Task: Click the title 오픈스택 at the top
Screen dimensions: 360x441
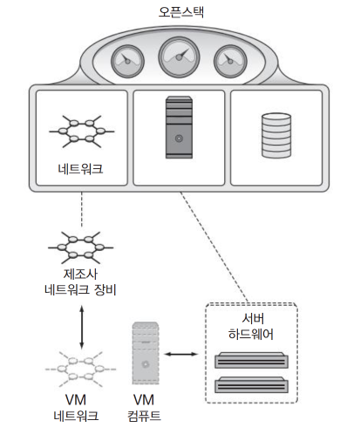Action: click(181, 12)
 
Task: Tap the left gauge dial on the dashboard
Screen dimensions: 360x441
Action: click(127, 61)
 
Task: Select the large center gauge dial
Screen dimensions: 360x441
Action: click(179, 57)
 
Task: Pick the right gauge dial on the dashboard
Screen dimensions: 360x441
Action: click(230, 61)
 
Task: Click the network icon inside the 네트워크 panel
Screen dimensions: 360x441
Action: click(82, 132)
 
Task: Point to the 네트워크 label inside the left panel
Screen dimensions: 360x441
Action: click(80, 169)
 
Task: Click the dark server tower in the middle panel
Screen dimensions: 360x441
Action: click(179, 127)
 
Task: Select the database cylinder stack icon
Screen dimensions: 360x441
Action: click(276, 135)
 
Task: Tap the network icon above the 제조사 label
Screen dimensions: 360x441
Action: click(81, 248)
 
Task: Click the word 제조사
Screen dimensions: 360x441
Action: click(80, 274)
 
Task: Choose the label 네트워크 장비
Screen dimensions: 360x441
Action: click(80, 289)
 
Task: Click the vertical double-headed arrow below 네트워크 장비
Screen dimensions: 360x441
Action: click(82, 327)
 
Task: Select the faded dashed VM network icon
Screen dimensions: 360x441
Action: click(80, 370)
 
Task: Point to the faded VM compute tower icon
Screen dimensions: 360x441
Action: click(146, 353)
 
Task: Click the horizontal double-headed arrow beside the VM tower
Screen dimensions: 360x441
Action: click(181, 354)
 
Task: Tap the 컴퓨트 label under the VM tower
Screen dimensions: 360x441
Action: click(144, 416)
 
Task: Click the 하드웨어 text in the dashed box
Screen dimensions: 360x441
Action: click(251, 334)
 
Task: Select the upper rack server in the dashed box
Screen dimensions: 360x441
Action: click(251, 360)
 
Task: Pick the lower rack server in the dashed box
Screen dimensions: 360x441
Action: click(251, 384)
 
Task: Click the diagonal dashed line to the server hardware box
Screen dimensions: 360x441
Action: click(214, 247)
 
